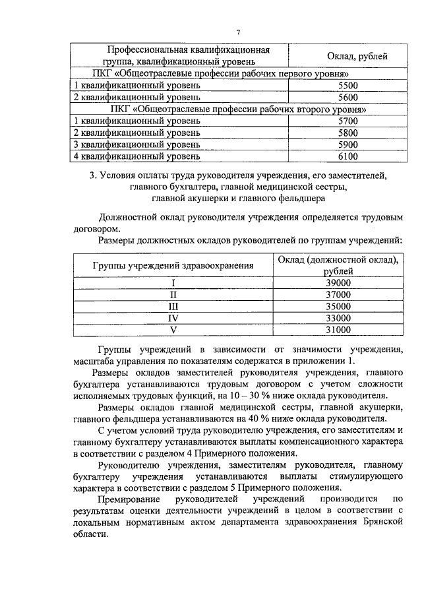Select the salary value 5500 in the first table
[347, 86]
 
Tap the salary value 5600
[347, 97]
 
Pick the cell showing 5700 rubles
[347, 121]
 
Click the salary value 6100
[347, 156]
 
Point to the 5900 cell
[347, 144]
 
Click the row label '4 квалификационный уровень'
[135, 156]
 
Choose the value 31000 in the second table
[338, 330]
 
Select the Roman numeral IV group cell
[173, 318]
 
